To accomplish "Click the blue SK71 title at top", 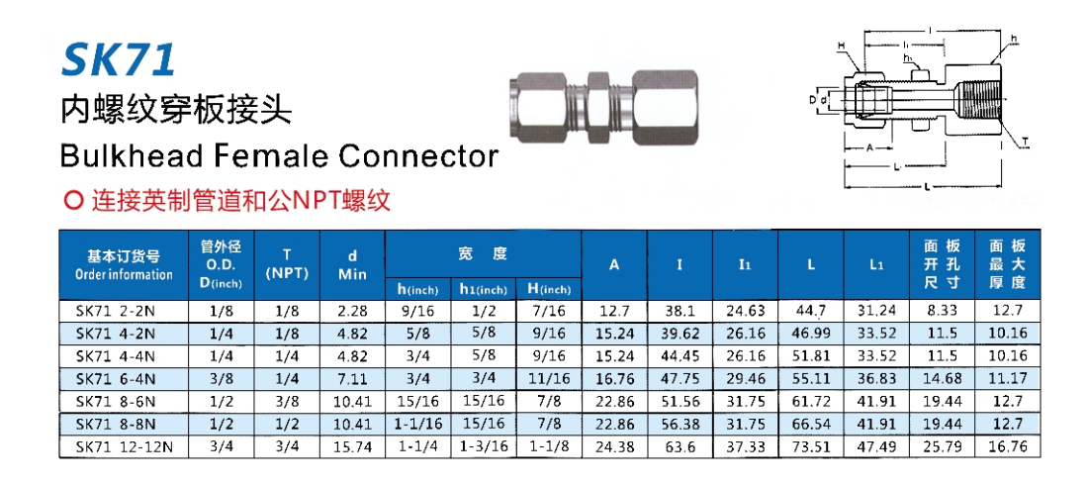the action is point(119,59).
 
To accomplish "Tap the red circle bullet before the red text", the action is point(72,201).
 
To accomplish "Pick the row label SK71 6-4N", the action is point(116,378).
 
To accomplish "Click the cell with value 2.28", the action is point(352,311).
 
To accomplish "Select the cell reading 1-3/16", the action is point(484,446).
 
